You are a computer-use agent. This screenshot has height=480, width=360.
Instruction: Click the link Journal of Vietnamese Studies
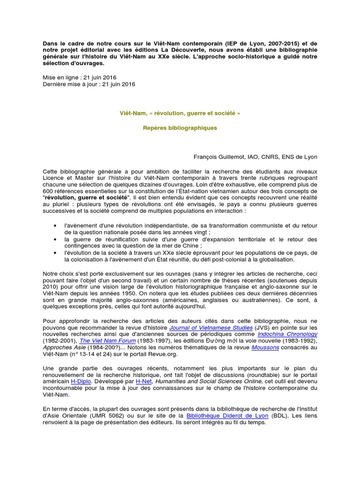pyautogui.click(x=211, y=327)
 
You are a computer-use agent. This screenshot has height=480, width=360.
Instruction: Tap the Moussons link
pyautogui.click(x=265, y=347)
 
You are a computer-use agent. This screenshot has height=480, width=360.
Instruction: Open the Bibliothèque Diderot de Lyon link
pyautogui.click(x=227, y=415)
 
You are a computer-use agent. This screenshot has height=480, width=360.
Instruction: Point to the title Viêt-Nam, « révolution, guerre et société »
pyautogui.click(x=180, y=113)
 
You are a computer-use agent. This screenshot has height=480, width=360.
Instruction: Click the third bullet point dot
pyautogui.click(x=56, y=253)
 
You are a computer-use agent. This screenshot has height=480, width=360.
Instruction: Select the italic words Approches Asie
pyautogui.click(x=64, y=347)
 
